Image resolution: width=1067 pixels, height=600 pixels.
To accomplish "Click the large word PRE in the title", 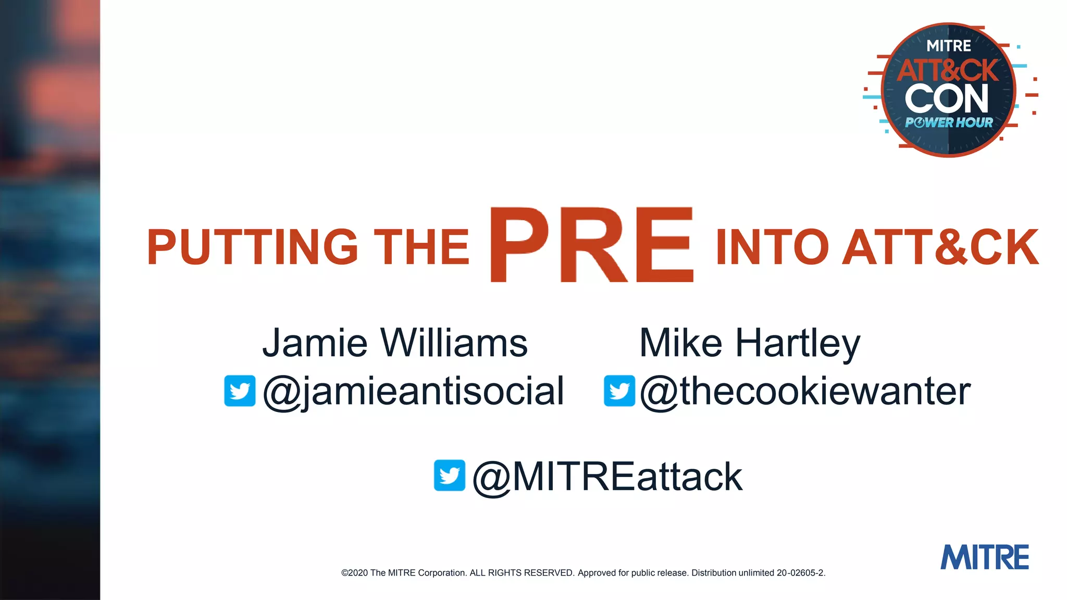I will [x=591, y=245].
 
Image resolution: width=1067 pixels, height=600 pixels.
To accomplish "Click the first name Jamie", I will [x=315, y=343].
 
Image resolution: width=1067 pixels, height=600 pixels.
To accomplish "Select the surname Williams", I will [x=454, y=343].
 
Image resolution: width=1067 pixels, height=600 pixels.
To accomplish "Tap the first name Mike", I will [x=681, y=343].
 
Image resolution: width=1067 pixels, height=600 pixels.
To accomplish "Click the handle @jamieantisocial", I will [x=414, y=391].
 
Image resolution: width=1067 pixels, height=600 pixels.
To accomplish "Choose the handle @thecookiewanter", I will [x=805, y=391].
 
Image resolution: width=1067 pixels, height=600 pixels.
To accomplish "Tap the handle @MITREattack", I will [x=607, y=477].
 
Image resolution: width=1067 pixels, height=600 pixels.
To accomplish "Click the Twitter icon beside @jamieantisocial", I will [x=240, y=391].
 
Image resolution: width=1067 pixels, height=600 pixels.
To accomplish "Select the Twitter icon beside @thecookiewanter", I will [x=619, y=391].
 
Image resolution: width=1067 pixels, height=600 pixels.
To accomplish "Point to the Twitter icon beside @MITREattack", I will [x=450, y=475].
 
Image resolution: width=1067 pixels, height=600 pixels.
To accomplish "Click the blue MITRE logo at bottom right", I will [x=985, y=557].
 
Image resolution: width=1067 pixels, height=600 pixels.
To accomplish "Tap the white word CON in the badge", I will [x=947, y=98].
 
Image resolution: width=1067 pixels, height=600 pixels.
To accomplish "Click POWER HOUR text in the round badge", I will [x=949, y=123].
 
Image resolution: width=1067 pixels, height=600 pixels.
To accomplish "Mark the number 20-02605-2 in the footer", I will [x=801, y=573].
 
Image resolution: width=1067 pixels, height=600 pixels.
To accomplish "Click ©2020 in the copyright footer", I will [x=354, y=573].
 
